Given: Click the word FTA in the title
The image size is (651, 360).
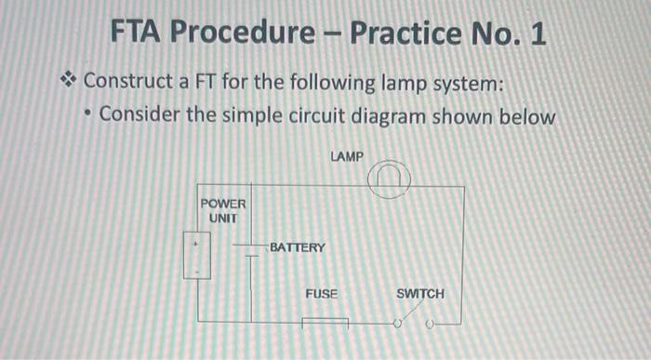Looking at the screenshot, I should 140,35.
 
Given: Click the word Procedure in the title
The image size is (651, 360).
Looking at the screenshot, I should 246,35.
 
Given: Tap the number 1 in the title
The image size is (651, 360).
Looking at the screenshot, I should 536,35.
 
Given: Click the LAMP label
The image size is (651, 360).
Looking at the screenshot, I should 347,156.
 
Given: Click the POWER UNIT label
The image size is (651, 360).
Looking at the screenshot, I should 222,210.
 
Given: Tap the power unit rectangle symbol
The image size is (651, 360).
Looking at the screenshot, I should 197,255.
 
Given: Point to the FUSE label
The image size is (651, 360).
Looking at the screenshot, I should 322,294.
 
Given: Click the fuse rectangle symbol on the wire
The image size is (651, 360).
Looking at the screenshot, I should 325,324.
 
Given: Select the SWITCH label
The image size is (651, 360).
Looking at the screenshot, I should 420,294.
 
